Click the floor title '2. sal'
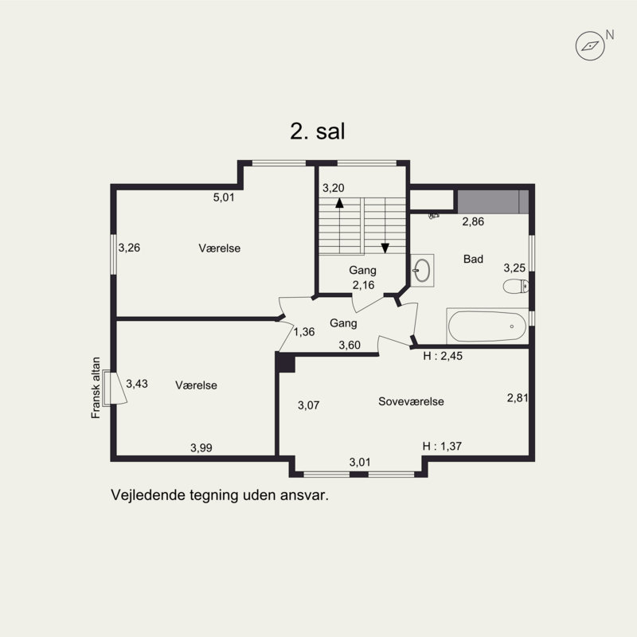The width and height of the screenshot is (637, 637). point(317,131)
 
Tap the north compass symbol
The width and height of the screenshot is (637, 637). point(590,46)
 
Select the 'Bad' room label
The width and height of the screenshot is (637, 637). point(473,259)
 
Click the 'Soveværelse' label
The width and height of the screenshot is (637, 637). point(411,401)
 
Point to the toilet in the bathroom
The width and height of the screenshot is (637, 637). point(516,287)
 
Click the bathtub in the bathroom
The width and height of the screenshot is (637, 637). point(487,326)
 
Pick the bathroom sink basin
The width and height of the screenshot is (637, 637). point(423,270)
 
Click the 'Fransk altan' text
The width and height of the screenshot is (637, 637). point(96,388)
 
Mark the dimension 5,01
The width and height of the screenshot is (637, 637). point(224,197)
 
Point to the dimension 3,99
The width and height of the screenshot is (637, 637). point(201,447)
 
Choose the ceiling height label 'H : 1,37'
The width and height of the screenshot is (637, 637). point(442,446)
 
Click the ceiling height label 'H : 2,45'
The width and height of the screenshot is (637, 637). point(443,356)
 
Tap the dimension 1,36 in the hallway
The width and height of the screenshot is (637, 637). point(304,332)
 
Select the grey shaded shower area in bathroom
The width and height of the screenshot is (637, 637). point(493,201)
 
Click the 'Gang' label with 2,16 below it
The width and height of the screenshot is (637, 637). point(363,270)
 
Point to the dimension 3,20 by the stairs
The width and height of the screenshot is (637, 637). point(334,188)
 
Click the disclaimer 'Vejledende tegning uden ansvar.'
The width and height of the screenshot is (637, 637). point(220,495)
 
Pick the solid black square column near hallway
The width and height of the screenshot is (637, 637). point(286,363)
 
